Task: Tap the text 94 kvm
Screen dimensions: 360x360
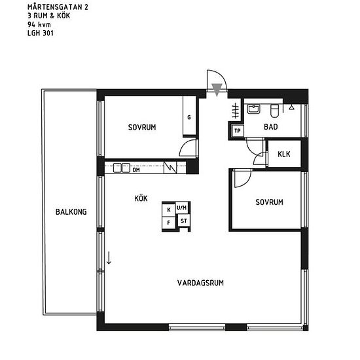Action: [37, 24]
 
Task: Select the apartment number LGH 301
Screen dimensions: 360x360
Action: [40, 31]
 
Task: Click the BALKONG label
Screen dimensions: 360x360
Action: [71, 211]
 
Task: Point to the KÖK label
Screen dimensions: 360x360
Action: [141, 197]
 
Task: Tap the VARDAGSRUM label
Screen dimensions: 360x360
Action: [201, 283]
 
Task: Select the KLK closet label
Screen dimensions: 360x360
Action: [284, 154]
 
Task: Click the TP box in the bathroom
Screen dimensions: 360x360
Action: [238, 131]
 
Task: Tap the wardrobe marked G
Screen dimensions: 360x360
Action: [189, 117]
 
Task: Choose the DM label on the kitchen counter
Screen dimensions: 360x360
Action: [136, 170]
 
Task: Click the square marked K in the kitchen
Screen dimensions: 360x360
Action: [169, 209]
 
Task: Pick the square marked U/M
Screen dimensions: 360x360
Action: [182, 208]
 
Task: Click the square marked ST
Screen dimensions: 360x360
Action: [183, 221]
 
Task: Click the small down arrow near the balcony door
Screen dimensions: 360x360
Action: [109, 258]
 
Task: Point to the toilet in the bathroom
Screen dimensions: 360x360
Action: [276, 109]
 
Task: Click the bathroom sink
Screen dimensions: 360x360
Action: [254, 109]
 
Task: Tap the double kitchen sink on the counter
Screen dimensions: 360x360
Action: [120, 168]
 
